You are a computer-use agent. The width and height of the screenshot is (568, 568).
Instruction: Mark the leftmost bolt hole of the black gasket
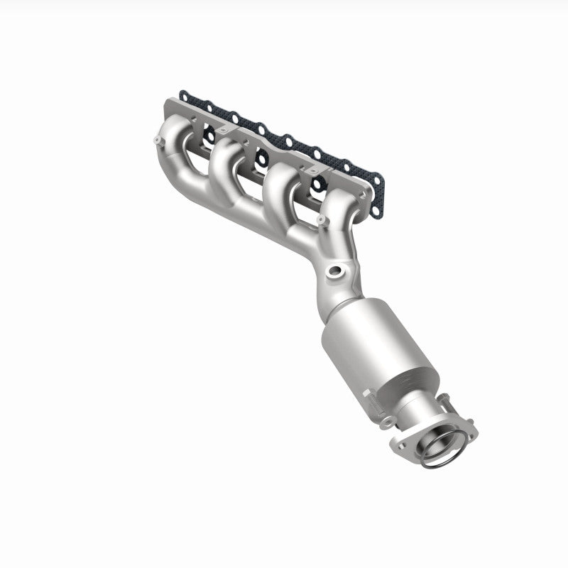[x=184, y=94]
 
